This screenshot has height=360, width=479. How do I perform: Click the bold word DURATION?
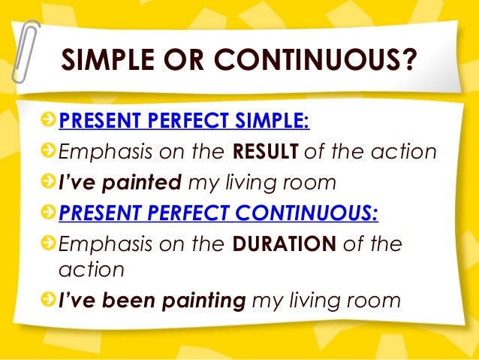[285, 245]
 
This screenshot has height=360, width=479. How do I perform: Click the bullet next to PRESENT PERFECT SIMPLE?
[49, 121]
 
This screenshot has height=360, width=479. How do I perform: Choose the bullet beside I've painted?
[49, 183]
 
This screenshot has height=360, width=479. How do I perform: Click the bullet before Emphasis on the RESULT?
[49, 152]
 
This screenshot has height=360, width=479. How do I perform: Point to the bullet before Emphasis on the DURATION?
[49, 245]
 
